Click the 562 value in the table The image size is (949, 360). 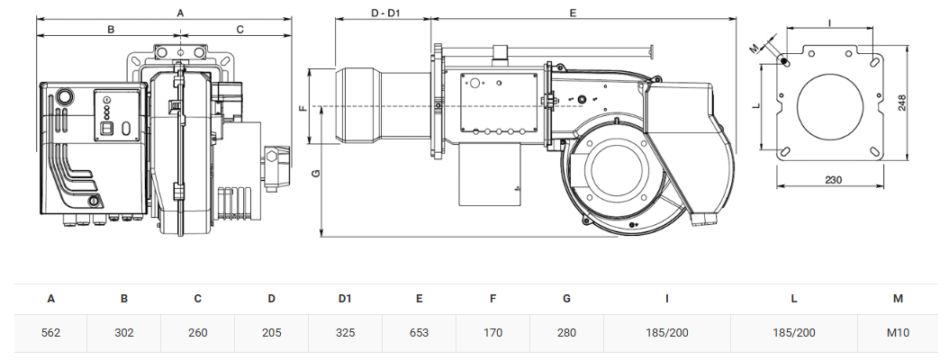pyautogui.click(x=50, y=333)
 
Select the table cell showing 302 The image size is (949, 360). pyautogui.click(x=124, y=333)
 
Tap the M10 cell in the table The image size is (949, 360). pyautogui.click(x=898, y=333)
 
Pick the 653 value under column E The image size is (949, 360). pyautogui.click(x=419, y=333)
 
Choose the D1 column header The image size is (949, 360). pyautogui.click(x=344, y=298)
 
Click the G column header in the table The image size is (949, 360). pyautogui.click(x=566, y=298)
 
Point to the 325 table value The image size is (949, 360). pyautogui.click(x=345, y=333)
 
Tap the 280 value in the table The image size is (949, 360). pyautogui.click(x=566, y=333)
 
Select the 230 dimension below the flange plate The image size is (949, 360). pyautogui.click(x=833, y=180)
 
